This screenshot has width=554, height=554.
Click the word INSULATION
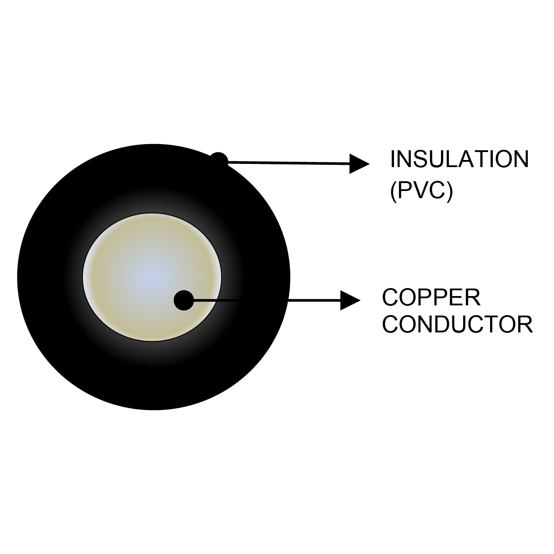pos(459,160)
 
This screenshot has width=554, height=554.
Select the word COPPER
pos(431,297)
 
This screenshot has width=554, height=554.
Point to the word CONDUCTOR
pos(457,324)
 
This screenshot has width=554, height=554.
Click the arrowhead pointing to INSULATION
pos(359,164)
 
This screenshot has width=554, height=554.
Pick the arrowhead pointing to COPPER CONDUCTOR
pos(350,300)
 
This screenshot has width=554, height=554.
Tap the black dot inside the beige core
pos(183,300)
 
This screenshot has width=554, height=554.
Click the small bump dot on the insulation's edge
pos(219,160)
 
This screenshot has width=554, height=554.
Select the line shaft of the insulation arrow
pos(288,163)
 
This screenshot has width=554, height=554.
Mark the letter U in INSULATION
pos(438,160)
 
